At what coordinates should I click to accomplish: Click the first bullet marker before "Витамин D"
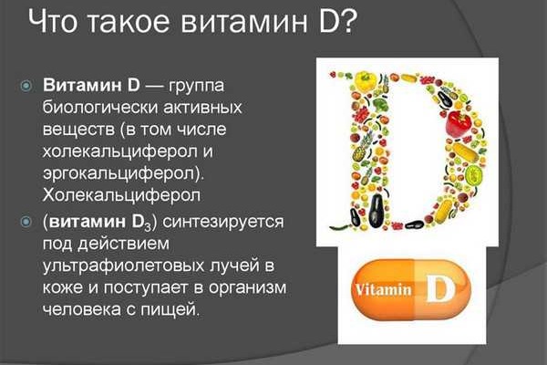[x=28, y=85]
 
